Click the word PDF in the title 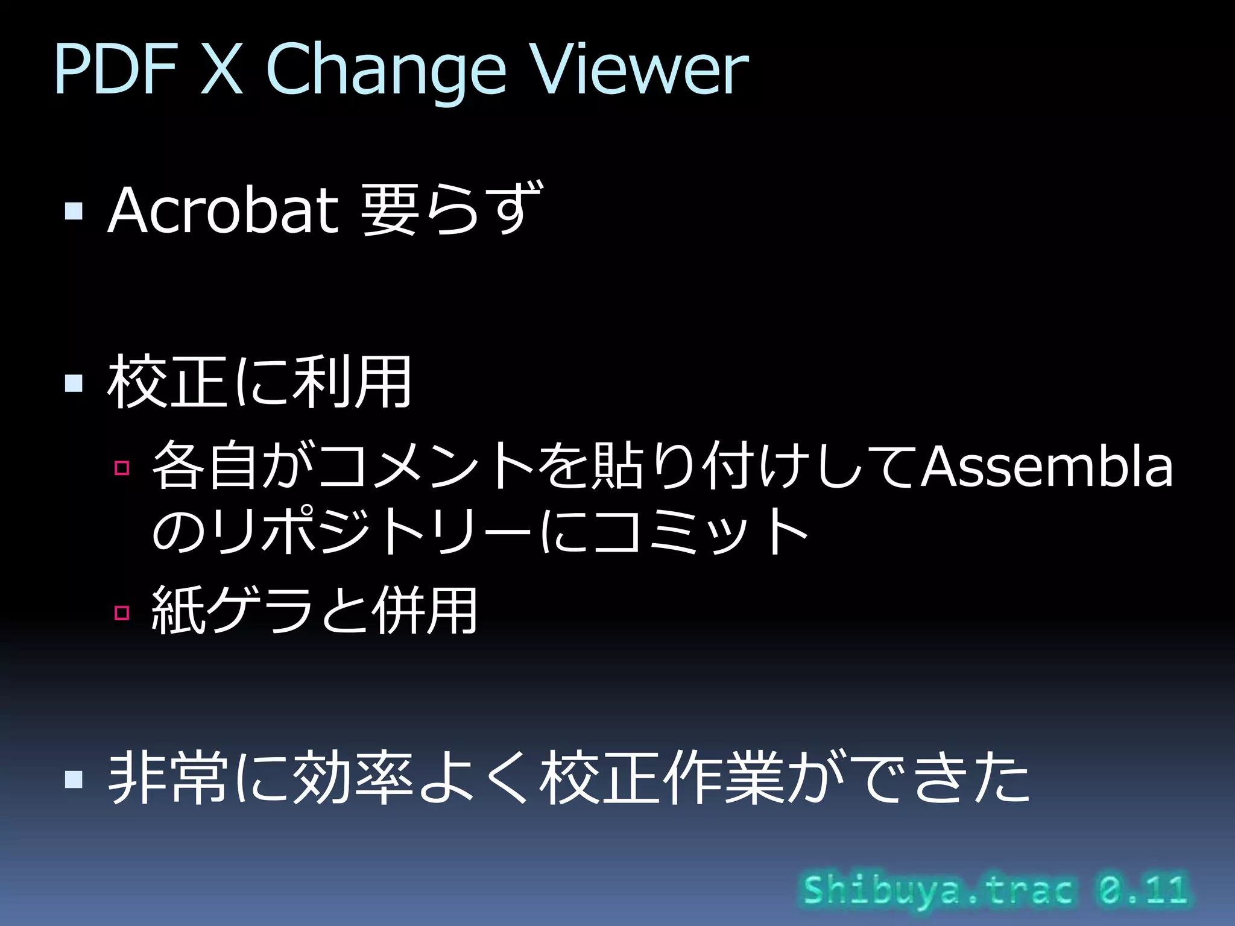pyautogui.click(x=115, y=71)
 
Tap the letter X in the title pyautogui.click(x=221, y=71)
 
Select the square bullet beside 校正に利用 pyautogui.click(x=74, y=383)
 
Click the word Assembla pyautogui.click(x=1047, y=467)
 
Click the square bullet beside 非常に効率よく pyautogui.click(x=74, y=779)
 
